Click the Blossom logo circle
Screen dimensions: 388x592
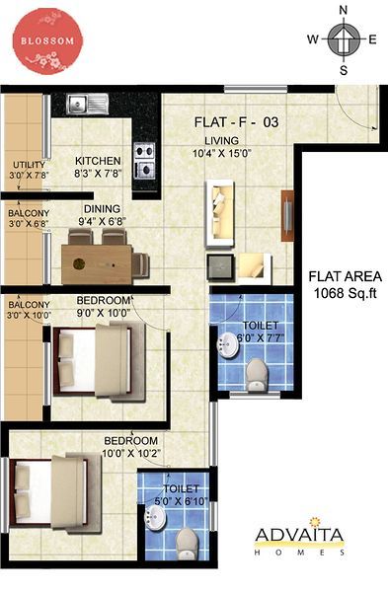(x=47, y=41)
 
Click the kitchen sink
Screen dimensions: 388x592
(x=88, y=104)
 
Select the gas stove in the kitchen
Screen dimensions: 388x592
(x=145, y=161)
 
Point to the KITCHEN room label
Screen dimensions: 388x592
(x=98, y=161)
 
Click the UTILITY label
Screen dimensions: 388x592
(x=29, y=165)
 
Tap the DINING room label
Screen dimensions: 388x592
(x=102, y=209)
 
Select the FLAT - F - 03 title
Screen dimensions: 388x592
(x=237, y=122)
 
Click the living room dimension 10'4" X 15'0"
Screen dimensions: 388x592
(x=222, y=153)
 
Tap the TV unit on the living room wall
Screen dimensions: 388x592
(x=287, y=216)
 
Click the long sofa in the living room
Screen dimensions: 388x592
(x=219, y=214)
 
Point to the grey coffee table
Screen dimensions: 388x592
(x=220, y=266)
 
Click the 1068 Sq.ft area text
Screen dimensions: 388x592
(x=346, y=293)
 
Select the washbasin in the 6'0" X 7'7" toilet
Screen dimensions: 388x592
(x=228, y=344)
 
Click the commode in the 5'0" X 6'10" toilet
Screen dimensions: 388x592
(x=188, y=543)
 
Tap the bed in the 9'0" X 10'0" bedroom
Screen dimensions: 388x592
(x=100, y=362)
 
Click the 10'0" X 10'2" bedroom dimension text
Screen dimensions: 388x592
(x=131, y=452)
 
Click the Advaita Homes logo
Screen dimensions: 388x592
(x=299, y=537)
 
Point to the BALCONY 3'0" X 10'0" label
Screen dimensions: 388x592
(x=29, y=310)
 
